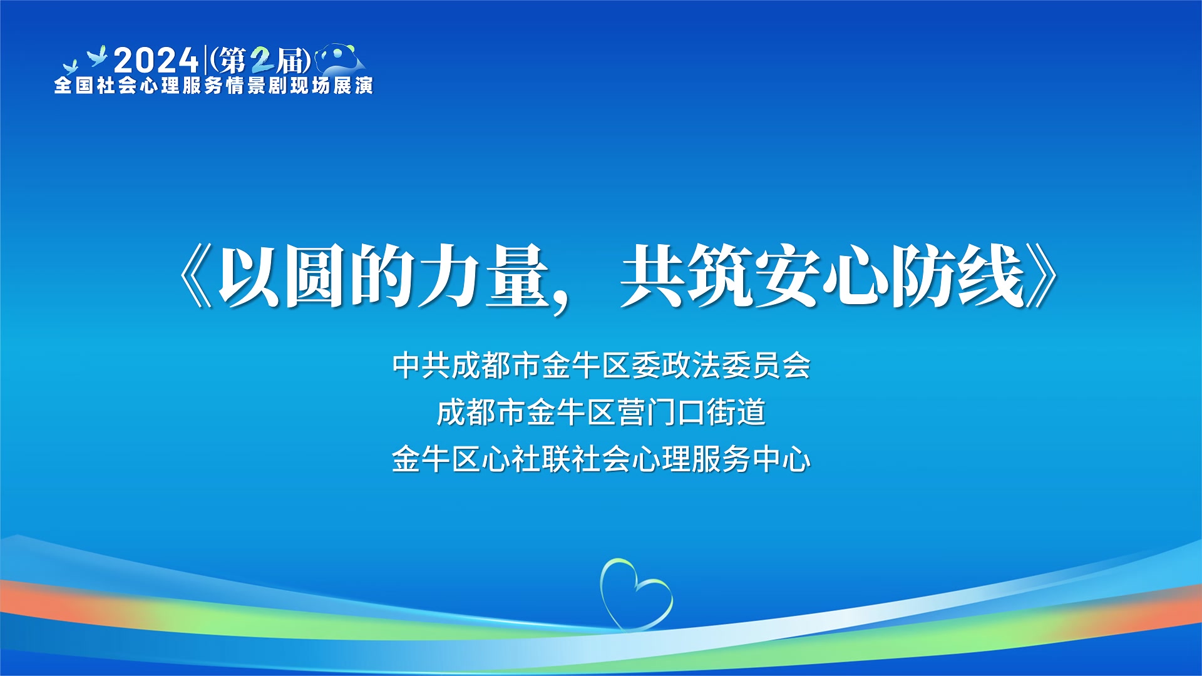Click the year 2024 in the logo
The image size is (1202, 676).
(x=156, y=61)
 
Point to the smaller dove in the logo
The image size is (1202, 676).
(x=71, y=66)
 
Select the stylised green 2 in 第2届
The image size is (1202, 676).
(x=262, y=61)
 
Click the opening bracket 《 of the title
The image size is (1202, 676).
(x=195, y=276)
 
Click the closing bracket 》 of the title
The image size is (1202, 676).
(x=1042, y=276)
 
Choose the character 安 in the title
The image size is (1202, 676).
(x=786, y=276)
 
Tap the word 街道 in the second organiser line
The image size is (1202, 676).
(x=736, y=412)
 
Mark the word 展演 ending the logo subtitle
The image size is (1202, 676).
(x=353, y=85)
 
